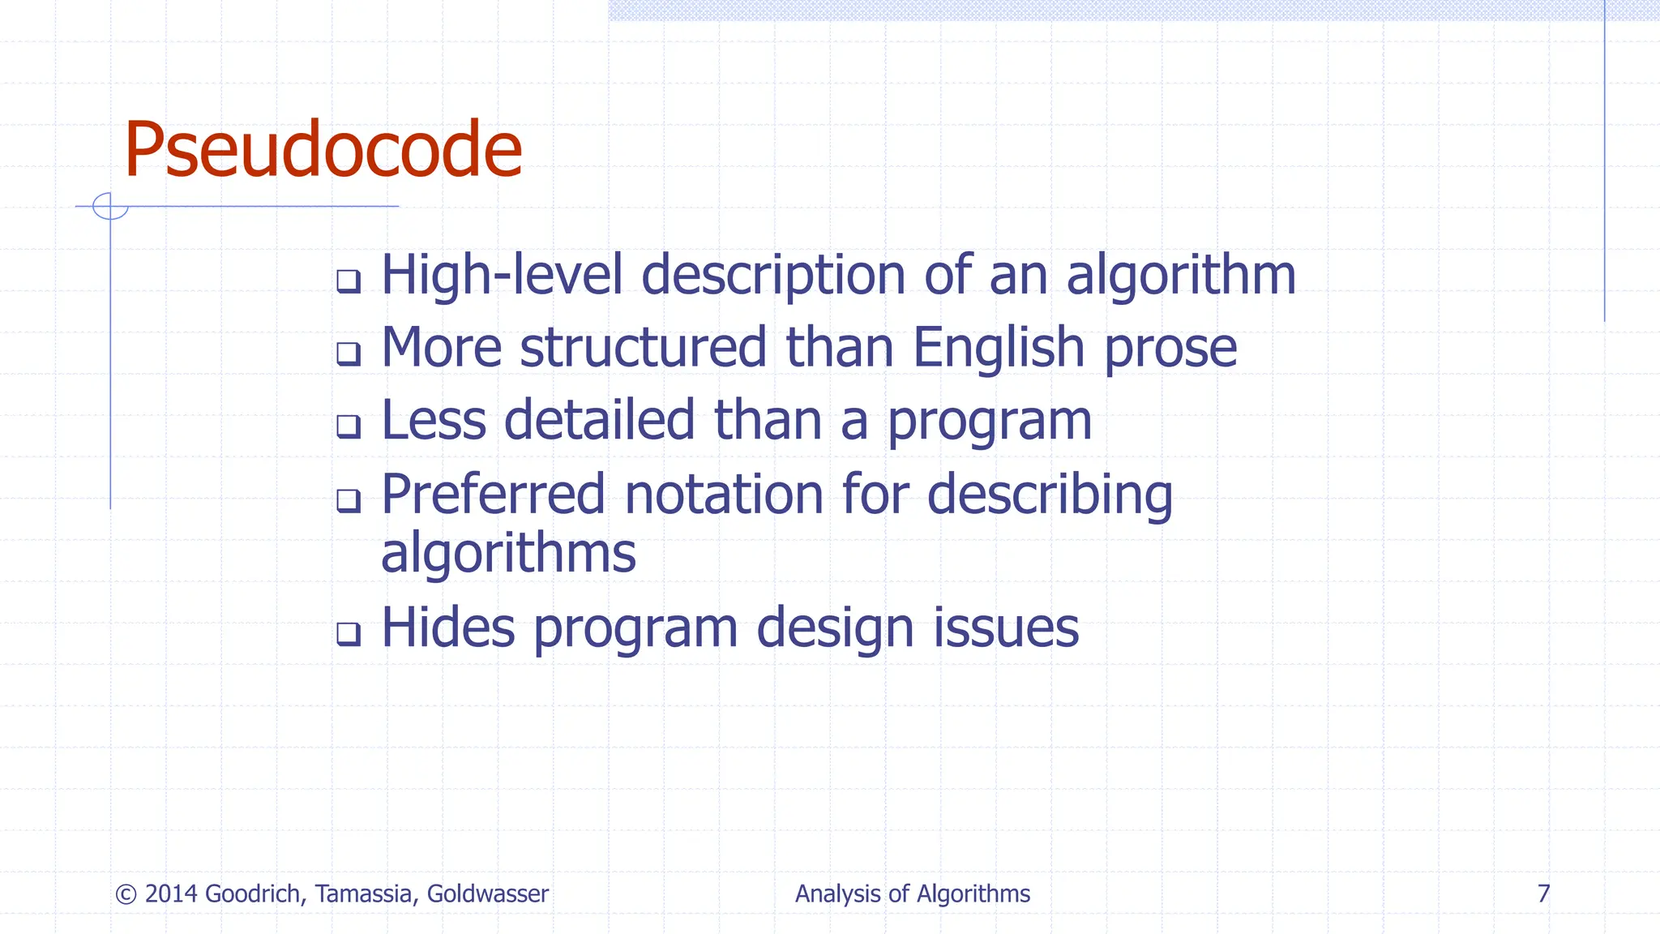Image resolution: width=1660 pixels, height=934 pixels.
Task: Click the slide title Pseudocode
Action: point(323,150)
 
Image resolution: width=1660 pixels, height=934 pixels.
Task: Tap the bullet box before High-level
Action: point(349,281)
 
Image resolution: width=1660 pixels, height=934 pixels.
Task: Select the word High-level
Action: point(502,275)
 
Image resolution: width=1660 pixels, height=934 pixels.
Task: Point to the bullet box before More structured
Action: point(349,353)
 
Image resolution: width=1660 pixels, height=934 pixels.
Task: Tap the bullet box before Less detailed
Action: point(349,426)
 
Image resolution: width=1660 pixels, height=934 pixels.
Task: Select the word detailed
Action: point(599,420)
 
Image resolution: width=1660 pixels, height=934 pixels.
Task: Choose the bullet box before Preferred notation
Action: point(349,500)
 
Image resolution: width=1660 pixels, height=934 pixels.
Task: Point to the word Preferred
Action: point(493,495)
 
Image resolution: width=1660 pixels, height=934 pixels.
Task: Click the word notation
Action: point(724,495)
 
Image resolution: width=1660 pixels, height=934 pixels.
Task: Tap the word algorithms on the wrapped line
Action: point(508,555)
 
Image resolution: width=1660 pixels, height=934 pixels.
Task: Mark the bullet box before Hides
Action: point(349,633)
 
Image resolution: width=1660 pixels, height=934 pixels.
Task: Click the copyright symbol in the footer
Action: point(126,894)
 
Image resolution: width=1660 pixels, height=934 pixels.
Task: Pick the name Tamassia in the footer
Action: point(366,893)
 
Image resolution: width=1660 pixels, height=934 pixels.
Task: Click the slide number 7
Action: point(1543,893)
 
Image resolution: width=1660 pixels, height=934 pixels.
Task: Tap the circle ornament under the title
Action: point(110,206)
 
